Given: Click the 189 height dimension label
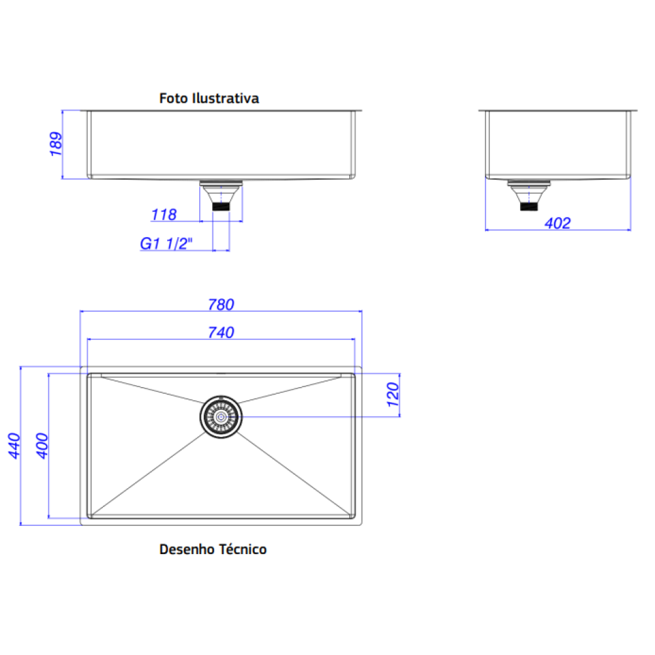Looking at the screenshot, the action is point(56,144).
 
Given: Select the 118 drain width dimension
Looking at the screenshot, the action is point(164,215).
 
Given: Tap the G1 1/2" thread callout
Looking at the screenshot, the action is point(166,244).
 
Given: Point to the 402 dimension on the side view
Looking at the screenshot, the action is point(557,223).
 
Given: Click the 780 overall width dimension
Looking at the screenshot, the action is point(221,305).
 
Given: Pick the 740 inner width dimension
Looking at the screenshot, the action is point(221,333).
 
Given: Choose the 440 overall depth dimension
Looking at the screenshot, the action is point(14,445).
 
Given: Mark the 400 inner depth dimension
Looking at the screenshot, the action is point(42,445).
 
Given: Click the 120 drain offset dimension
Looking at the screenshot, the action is point(393,395).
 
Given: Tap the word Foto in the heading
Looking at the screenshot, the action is point(174,98).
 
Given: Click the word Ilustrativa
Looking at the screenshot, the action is point(225,98).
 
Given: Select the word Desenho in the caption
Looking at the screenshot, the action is point(187,550).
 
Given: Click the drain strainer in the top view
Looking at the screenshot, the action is point(221,417).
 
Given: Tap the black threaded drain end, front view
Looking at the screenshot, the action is point(221,206).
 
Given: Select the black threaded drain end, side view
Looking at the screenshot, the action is point(529,206).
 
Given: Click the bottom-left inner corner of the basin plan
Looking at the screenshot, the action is point(88,517).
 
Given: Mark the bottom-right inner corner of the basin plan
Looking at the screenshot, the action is point(354,517).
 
